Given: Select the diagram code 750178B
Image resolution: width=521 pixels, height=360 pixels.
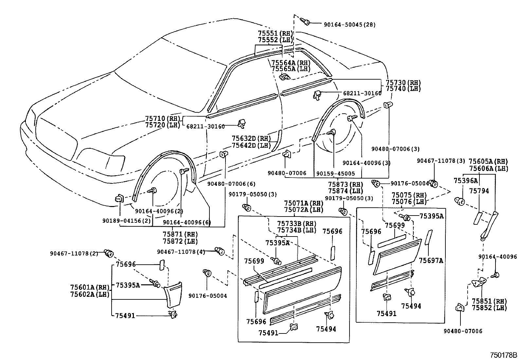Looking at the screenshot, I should pyautogui.click(x=503, y=355).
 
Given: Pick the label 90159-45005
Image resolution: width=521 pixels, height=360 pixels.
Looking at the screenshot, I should pyautogui.click(x=335, y=173).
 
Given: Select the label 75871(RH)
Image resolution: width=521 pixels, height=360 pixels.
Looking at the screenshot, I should pyautogui.click(x=180, y=235).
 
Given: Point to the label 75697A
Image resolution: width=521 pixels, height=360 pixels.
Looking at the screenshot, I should pyautogui.click(x=431, y=260).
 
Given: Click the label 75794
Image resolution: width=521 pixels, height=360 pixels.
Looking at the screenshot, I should pyautogui.click(x=479, y=191).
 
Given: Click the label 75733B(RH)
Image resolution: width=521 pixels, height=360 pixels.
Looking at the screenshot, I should pyautogui.click(x=296, y=223).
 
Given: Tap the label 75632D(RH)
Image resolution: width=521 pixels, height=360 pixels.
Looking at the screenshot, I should pyautogui.click(x=251, y=139).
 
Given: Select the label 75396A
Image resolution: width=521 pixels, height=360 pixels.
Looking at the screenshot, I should pyautogui.click(x=465, y=180).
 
